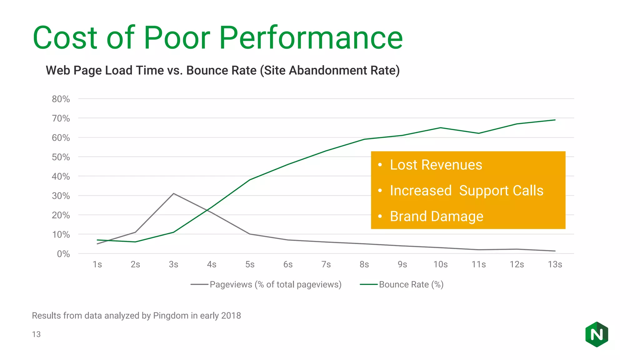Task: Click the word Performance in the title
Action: (311, 38)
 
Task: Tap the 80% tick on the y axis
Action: (61, 99)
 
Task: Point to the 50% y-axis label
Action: (61, 157)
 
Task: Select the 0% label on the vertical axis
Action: (63, 254)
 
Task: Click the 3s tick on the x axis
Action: (173, 265)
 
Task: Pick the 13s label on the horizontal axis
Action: (555, 265)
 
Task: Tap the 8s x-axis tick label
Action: (364, 265)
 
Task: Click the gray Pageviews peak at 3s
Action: (173, 194)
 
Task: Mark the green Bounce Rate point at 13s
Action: (555, 120)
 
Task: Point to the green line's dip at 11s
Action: (478, 133)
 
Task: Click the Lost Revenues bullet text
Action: (436, 165)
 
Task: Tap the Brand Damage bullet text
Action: (437, 217)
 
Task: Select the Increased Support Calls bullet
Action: (467, 191)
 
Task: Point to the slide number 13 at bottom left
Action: (36, 334)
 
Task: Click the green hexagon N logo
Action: (597, 335)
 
